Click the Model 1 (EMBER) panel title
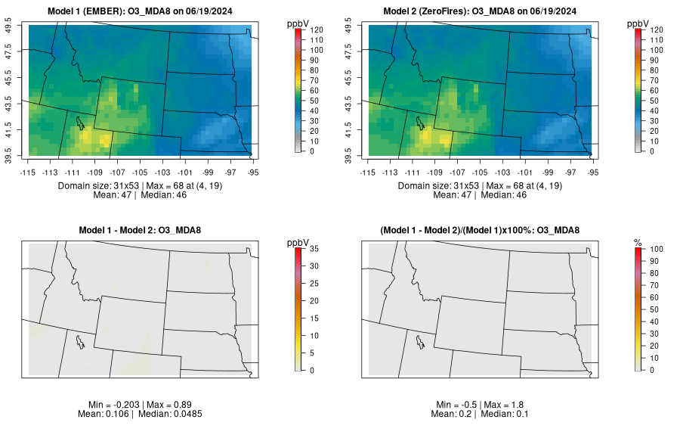144,11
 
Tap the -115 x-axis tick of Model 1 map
28,172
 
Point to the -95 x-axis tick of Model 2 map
593,172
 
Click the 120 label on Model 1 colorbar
317,30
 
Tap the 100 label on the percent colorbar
657,249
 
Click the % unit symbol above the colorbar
638,242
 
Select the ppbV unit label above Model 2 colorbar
639,23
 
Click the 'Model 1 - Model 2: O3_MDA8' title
144,231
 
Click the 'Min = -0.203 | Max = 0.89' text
144,405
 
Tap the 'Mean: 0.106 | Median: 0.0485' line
144,414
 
